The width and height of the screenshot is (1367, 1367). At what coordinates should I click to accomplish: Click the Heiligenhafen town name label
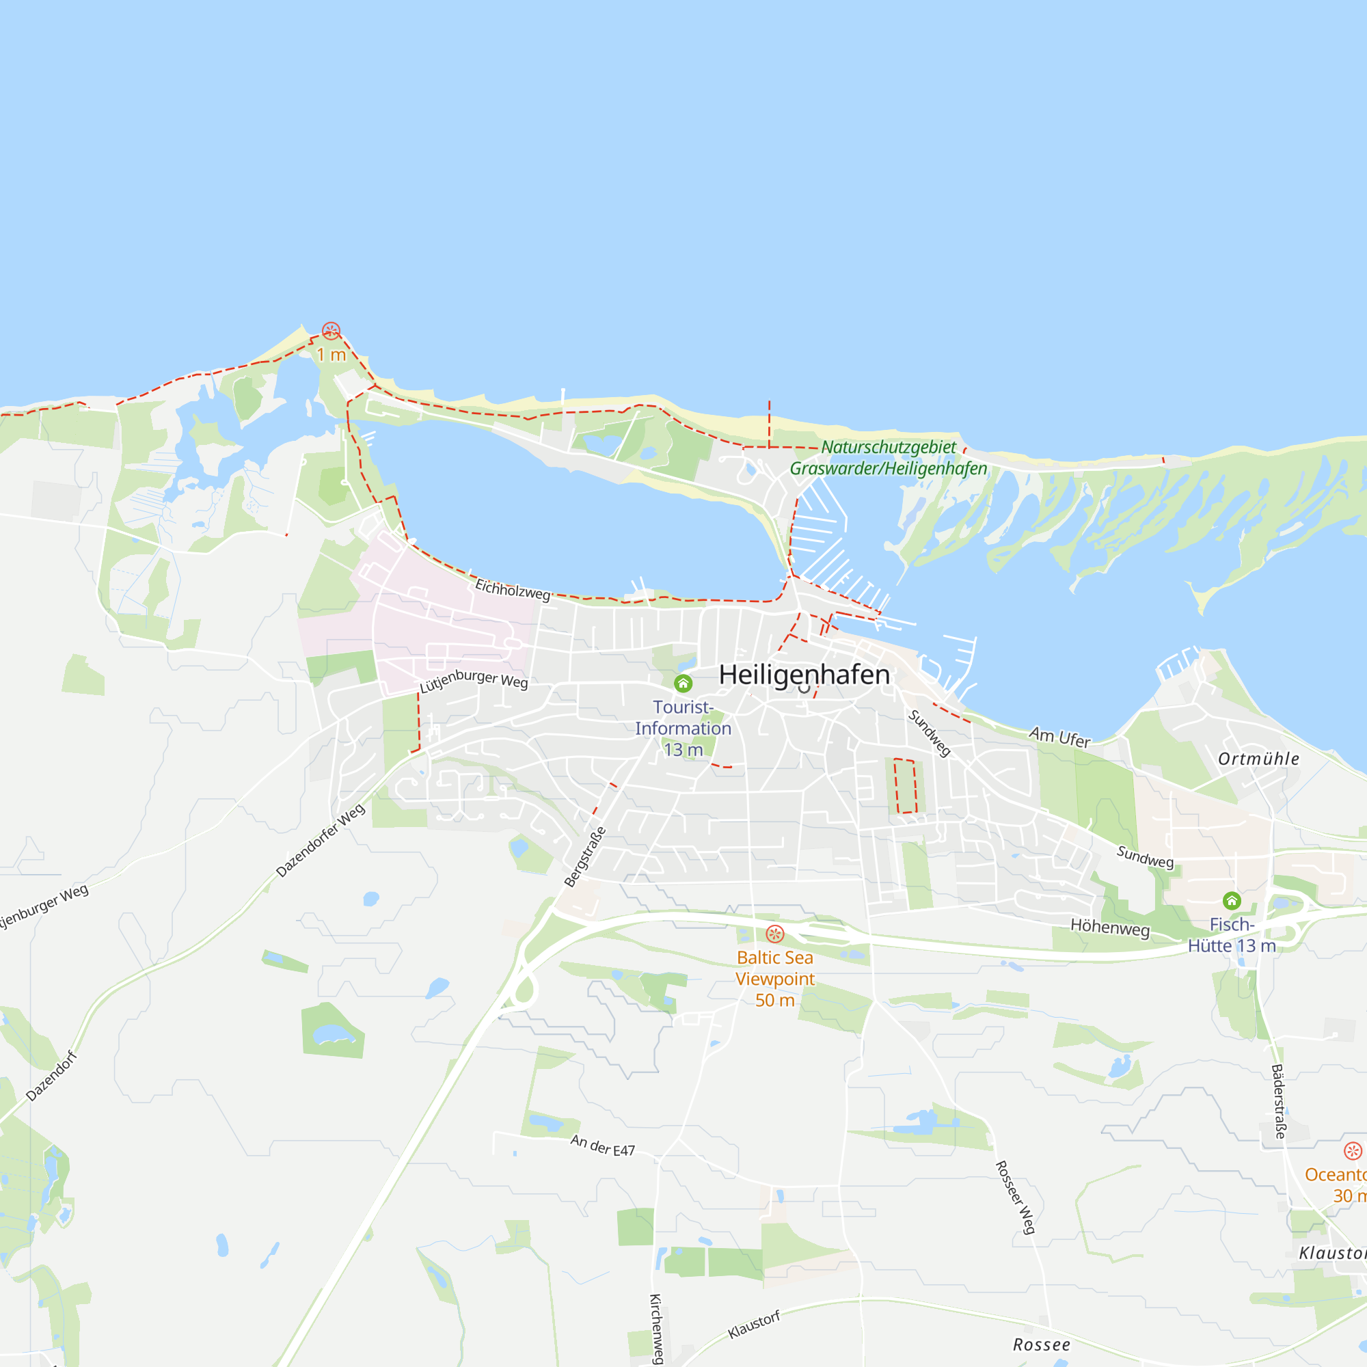(x=804, y=675)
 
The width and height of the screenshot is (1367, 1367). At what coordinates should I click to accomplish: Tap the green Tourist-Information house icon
(x=683, y=683)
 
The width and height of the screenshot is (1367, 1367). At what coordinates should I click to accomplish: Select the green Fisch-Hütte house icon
(x=1232, y=901)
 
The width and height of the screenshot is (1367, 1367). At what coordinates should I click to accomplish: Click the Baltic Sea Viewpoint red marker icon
(x=775, y=934)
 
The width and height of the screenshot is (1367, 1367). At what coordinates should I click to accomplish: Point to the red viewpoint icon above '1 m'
(x=331, y=330)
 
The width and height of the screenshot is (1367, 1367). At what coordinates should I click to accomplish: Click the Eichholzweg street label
(x=512, y=589)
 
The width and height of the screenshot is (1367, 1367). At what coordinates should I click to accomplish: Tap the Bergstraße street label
(x=585, y=857)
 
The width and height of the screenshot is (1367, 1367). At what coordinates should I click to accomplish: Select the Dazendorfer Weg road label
(x=320, y=841)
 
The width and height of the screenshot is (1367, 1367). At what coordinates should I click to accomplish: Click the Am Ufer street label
(x=1059, y=737)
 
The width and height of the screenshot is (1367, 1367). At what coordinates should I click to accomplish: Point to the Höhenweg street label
(x=1109, y=926)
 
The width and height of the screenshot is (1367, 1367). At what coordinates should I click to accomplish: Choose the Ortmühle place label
(x=1259, y=759)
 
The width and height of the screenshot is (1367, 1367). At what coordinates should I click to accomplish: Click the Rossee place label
(x=1042, y=1344)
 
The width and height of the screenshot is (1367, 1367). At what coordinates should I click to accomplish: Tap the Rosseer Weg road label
(x=1016, y=1197)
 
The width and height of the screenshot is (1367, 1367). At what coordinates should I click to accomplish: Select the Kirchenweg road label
(x=656, y=1329)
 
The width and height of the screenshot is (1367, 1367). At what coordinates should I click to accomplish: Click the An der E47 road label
(x=602, y=1146)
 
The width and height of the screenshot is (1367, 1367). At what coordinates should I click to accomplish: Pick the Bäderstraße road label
(x=1279, y=1101)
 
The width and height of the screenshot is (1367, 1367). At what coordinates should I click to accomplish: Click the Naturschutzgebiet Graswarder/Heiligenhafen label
(x=888, y=458)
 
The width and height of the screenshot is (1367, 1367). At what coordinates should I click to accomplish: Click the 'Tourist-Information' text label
(x=683, y=718)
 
